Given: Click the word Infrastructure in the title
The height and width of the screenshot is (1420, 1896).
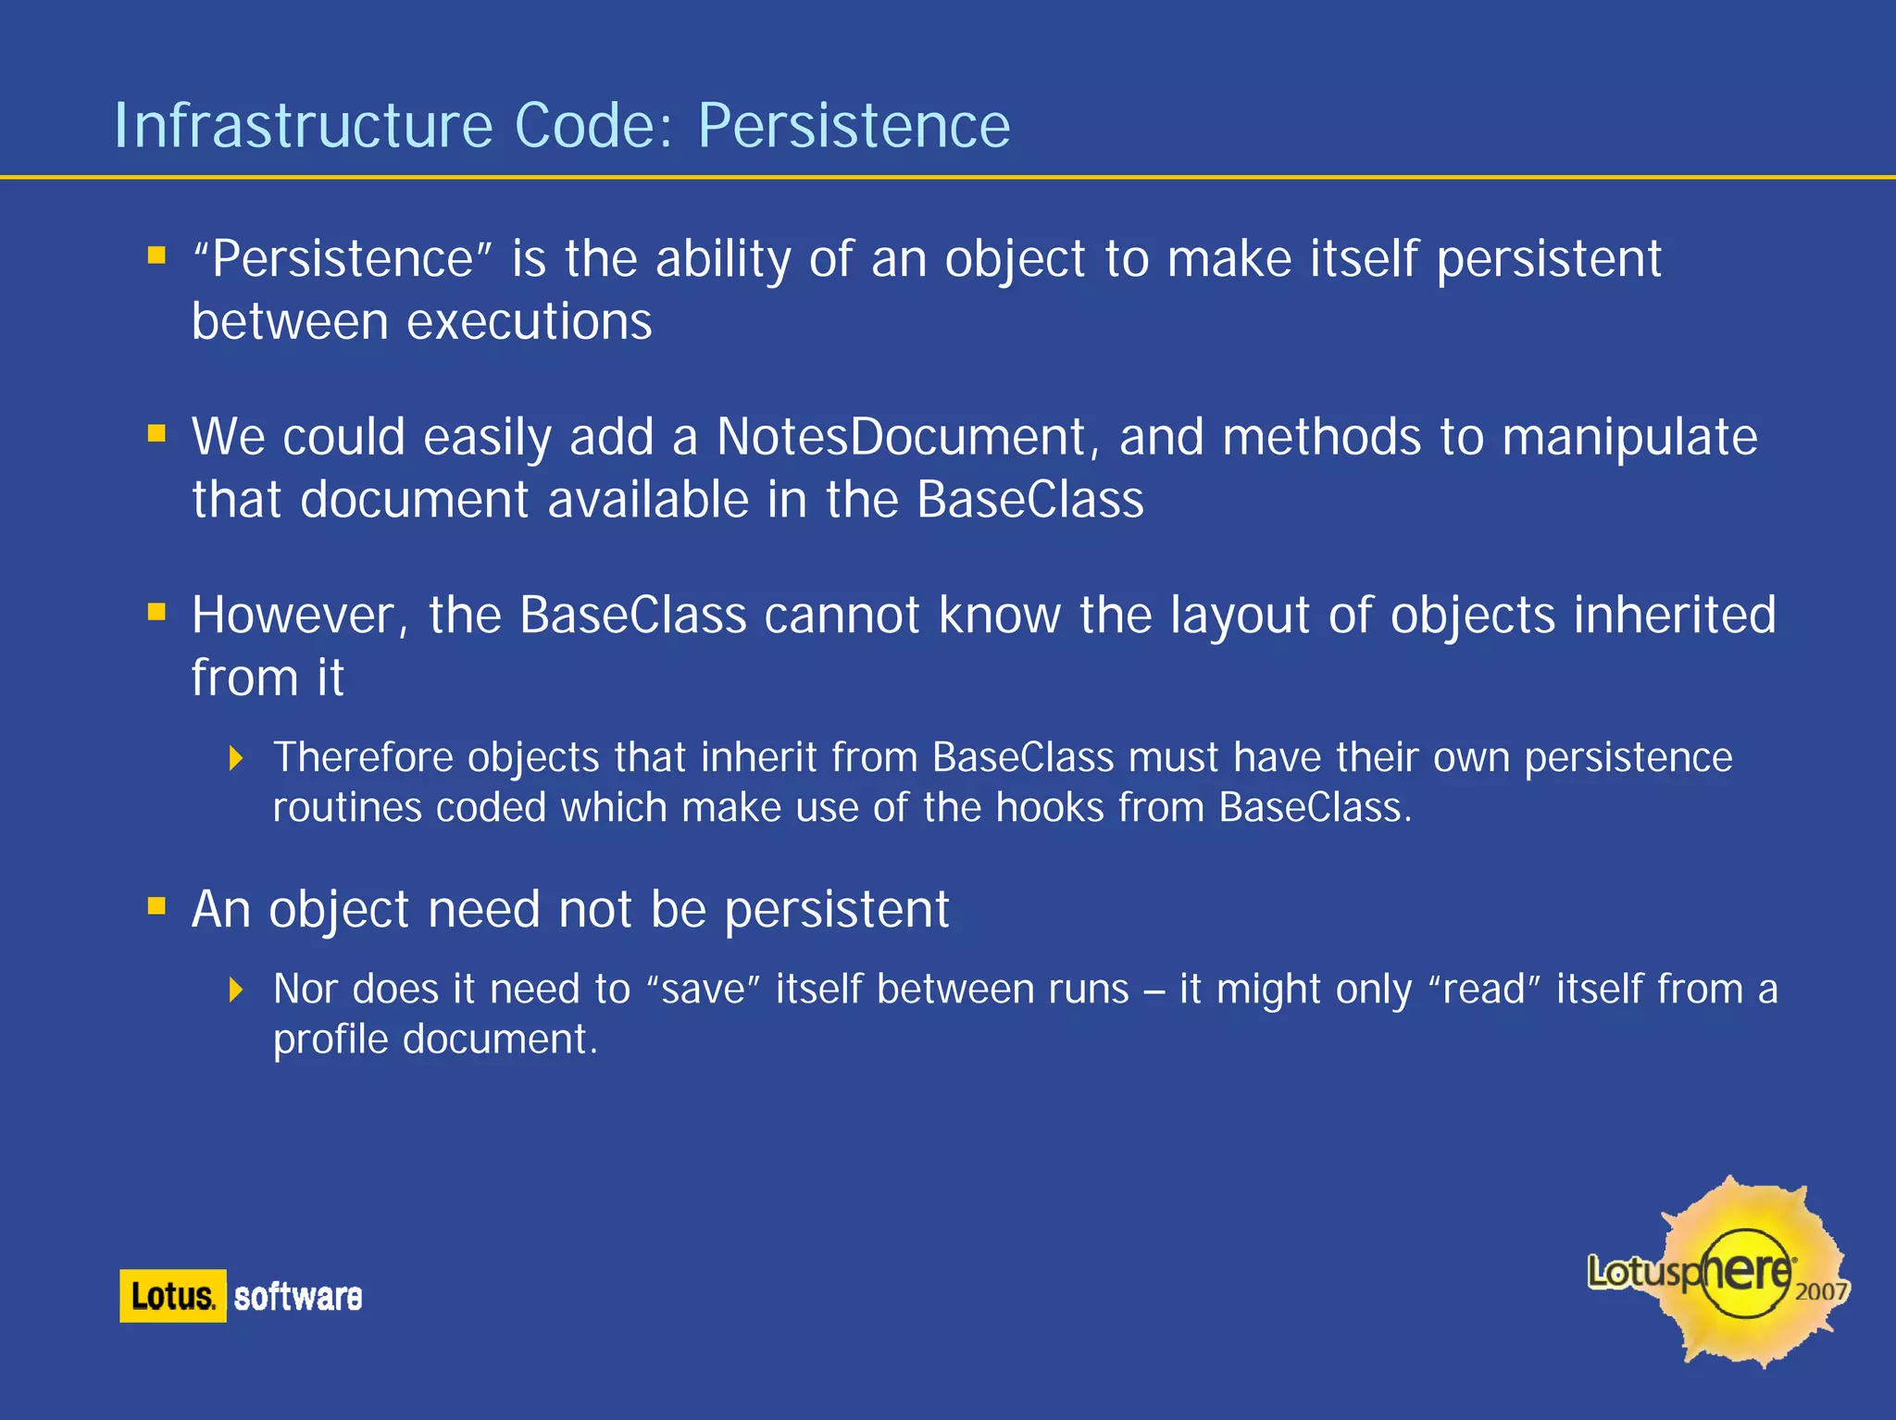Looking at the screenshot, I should click(x=304, y=126).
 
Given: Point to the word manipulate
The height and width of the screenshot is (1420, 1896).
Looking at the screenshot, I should click(x=1629, y=439).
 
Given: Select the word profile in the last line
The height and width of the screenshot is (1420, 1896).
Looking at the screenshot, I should click(x=331, y=1040).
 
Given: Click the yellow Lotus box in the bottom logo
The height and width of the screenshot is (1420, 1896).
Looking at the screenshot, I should click(x=173, y=1296).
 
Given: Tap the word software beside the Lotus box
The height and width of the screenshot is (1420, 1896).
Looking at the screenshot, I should click(x=298, y=1297).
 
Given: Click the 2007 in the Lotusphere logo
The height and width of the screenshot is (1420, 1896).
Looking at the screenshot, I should click(x=1820, y=1291).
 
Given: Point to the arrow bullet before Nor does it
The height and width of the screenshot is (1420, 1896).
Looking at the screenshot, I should click(x=236, y=990).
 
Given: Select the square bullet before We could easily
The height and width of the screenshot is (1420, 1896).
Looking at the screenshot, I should click(x=156, y=432).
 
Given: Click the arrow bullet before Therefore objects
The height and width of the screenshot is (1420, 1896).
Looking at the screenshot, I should click(x=236, y=759).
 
